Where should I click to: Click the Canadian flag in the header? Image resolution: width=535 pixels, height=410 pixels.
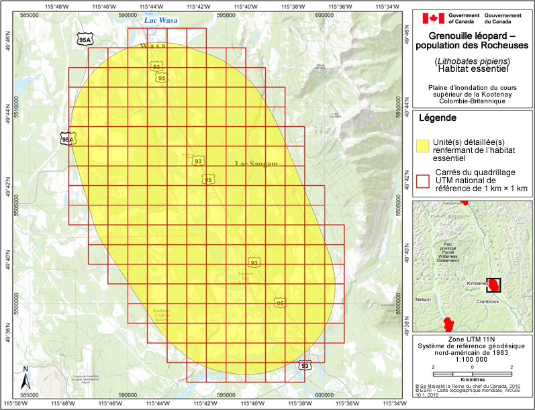[429, 17]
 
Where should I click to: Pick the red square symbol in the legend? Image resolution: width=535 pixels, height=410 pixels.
[423, 180]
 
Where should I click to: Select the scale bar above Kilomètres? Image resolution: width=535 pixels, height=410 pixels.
[472, 373]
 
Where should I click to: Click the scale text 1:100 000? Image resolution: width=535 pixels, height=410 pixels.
[473, 359]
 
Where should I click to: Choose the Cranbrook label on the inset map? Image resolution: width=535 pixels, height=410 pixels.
[489, 301]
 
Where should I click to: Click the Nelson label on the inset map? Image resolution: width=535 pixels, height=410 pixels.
[423, 299]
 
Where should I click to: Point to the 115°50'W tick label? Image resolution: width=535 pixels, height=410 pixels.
[15, 404]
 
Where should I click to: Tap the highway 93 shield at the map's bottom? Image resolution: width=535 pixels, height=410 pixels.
[305, 366]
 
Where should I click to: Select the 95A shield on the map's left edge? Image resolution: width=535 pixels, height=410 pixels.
[67, 139]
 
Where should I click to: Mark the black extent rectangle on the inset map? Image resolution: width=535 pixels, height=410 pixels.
[494, 285]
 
